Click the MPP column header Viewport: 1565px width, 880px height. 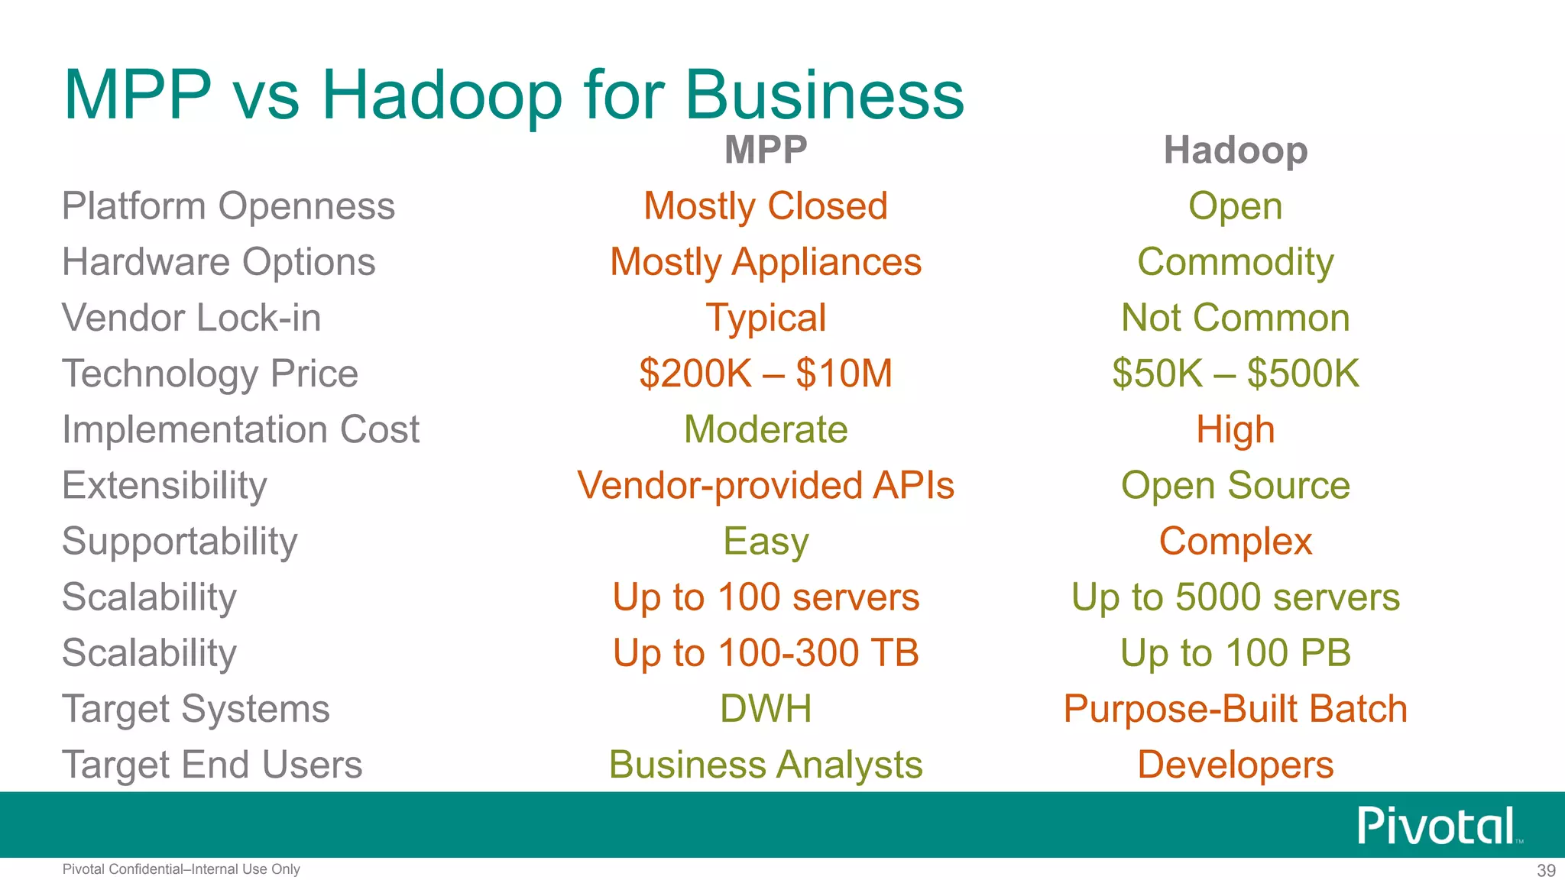(x=765, y=150)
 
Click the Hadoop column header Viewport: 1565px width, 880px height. (x=1235, y=150)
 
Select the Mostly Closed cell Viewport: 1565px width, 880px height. (x=765, y=206)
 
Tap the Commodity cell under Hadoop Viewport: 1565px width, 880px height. (x=1235, y=262)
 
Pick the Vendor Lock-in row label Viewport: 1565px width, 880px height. (x=191, y=318)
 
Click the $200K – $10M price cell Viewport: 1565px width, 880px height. (x=765, y=374)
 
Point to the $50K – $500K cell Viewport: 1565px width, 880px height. (x=1235, y=374)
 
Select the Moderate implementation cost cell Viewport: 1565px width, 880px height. (x=765, y=429)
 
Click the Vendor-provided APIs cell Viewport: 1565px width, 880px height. (x=765, y=485)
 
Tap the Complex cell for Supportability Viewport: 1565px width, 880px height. (x=1235, y=541)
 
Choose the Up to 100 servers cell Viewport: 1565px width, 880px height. (x=765, y=597)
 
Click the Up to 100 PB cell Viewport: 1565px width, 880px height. (x=1235, y=653)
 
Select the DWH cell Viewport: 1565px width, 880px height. (x=765, y=709)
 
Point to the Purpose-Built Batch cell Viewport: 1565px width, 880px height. (x=1235, y=709)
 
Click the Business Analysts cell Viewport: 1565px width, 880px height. (x=765, y=765)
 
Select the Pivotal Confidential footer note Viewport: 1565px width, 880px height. (x=181, y=869)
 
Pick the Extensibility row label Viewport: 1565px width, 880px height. (x=164, y=485)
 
